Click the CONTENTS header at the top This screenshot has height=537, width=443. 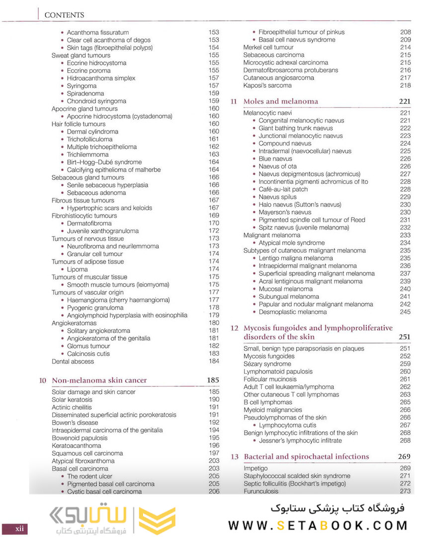tap(64, 15)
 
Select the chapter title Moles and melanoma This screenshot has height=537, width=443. tap(280, 101)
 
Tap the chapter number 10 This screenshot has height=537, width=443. tap(43, 380)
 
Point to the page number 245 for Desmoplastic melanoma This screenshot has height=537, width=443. tap(405, 312)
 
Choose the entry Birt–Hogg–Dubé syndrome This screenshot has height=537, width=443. tap(104, 162)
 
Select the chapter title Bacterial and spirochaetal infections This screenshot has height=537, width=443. tap(306, 456)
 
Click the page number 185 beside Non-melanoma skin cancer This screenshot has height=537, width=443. tap(213, 380)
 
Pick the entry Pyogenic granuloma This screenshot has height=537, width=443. tap(95, 308)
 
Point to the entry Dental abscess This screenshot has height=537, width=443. tap(73, 361)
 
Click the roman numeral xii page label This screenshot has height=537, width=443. tap(19, 529)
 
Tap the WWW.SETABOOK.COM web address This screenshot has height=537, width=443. tap(318, 525)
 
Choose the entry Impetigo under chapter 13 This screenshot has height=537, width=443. tap(256, 468)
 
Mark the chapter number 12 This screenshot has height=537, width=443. tap(235, 328)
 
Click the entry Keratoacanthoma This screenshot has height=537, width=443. tap(77, 446)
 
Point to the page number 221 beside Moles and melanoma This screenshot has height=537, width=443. tap(404, 101)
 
